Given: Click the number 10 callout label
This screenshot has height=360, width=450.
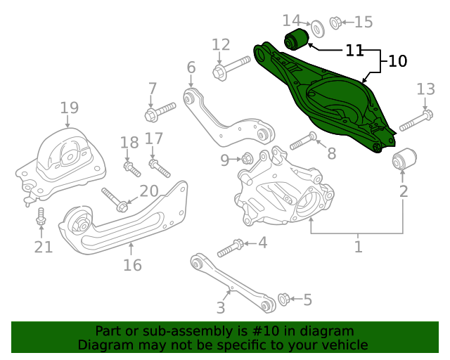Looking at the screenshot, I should point(397,62).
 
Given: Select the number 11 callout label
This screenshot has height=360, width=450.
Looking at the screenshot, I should point(354,51).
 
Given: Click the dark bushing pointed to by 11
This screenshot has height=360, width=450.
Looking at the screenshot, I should point(294,39).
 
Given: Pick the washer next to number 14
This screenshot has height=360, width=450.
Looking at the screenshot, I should point(316,28).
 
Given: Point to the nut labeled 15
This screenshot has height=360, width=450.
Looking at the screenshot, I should point(336,22).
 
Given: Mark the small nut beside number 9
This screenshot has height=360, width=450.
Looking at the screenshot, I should point(247,159).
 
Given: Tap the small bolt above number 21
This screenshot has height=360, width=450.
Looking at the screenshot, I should point(41,217).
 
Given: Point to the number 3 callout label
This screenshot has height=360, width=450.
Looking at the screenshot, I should point(220,307).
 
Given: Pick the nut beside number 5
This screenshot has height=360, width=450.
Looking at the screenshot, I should point(284,299).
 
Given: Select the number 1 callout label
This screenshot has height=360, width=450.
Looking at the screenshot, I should point(358,247).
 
